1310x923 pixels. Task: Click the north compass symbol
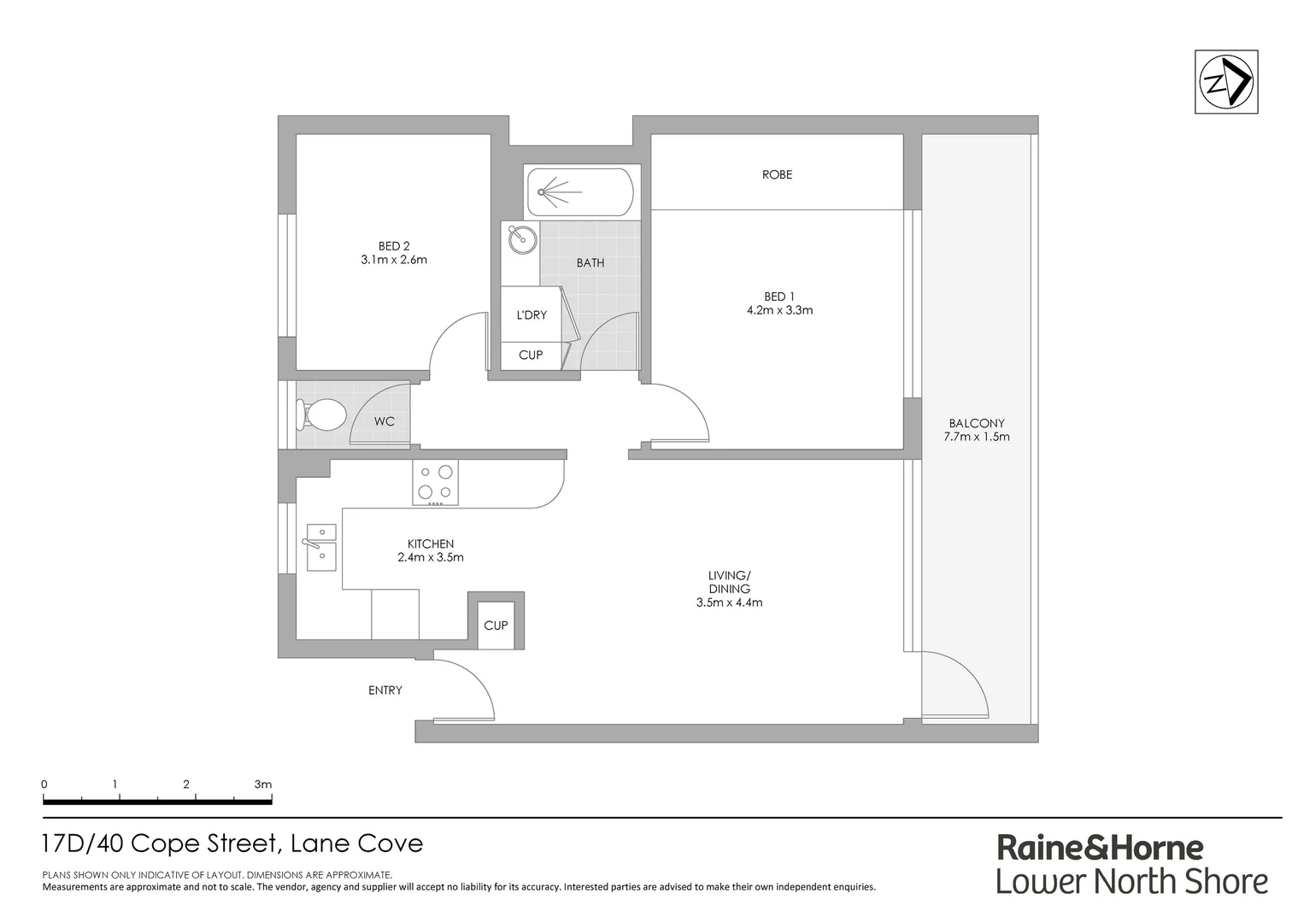(1226, 82)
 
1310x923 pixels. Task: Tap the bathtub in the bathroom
(580, 192)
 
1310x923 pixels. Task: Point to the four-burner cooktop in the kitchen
(435, 482)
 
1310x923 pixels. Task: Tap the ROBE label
(777, 174)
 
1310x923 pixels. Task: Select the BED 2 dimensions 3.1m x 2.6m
(394, 260)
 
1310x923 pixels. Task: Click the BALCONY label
(977, 423)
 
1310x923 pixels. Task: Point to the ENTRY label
(385, 691)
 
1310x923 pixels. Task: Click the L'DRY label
(532, 315)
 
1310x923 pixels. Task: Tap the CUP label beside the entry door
(496, 626)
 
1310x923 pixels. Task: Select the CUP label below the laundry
(531, 355)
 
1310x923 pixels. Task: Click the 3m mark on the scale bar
(263, 785)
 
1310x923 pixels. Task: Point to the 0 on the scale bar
(44, 785)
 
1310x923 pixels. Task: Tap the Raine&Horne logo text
(1101, 847)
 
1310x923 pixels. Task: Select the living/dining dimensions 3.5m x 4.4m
(729, 603)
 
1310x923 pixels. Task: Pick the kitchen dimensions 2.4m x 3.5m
(431, 558)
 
